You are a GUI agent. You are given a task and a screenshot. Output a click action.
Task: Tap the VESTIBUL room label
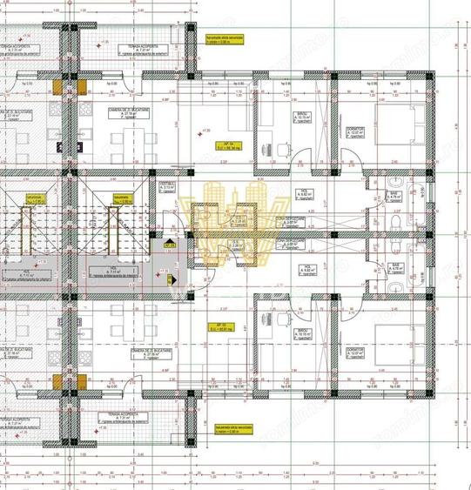pyautogui.click(x=168, y=186)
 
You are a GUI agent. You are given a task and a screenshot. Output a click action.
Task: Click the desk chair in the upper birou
pyautogui.click(x=286, y=148)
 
